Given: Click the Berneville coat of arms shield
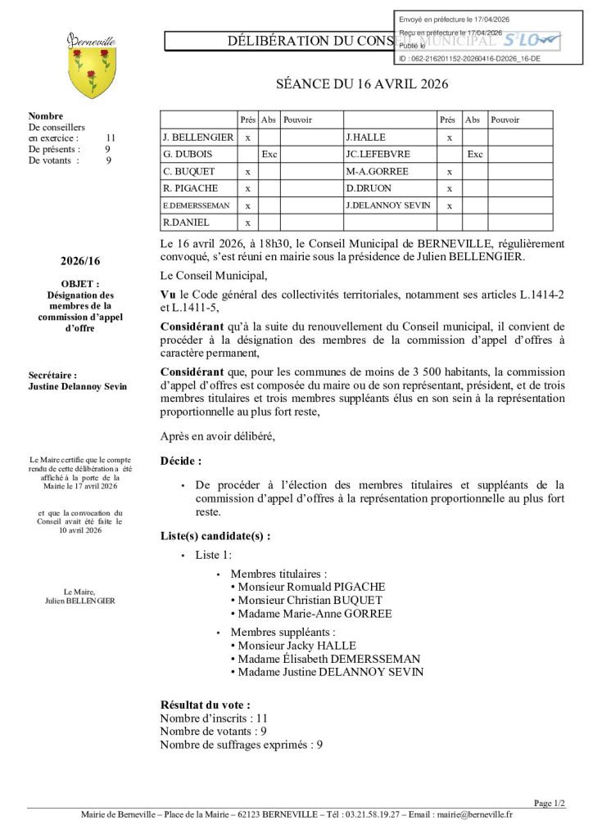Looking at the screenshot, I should click(x=92, y=72).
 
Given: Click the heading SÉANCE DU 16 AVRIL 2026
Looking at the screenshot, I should click(x=361, y=84).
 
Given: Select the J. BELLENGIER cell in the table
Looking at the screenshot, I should click(x=198, y=137).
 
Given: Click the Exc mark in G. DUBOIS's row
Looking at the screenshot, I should click(x=269, y=154).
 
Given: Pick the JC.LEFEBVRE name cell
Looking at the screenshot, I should click(x=378, y=154).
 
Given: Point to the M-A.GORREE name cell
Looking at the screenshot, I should click(x=377, y=172).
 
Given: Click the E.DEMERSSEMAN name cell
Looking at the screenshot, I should click(x=196, y=205).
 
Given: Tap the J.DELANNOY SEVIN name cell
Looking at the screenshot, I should click(x=388, y=205).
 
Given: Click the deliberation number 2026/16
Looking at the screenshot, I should click(x=80, y=261).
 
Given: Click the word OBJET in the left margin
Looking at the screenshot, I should click(x=79, y=284).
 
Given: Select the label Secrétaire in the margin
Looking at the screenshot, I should click(x=53, y=376).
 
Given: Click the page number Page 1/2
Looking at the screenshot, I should click(x=550, y=804).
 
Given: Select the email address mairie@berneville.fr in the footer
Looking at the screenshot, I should click(x=474, y=814).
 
